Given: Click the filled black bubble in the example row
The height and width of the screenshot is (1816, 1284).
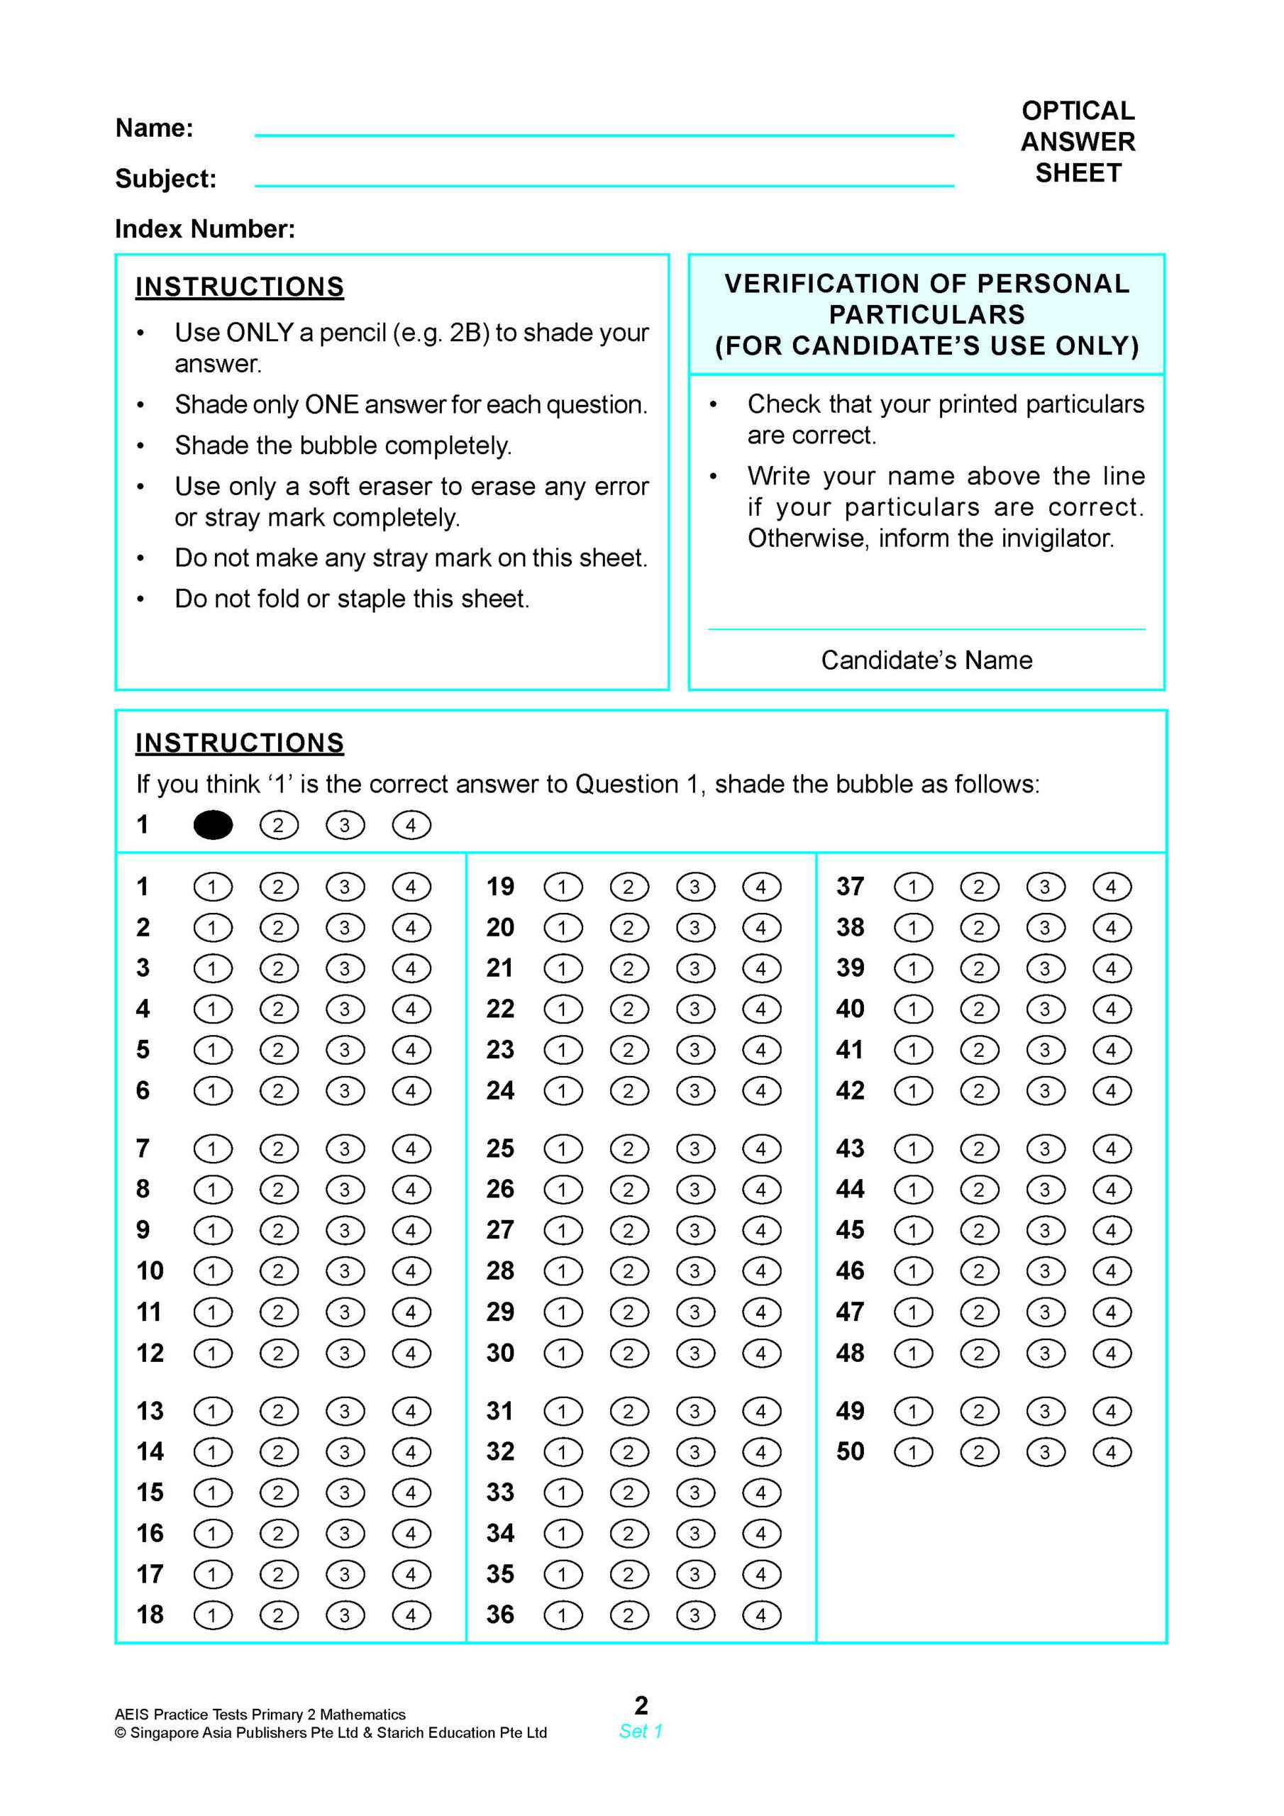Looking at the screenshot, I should click(213, 825).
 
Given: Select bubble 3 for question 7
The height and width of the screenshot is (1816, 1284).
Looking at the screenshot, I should click(344, 1148).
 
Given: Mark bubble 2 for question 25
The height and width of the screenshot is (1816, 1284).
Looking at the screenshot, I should click(629, 1148).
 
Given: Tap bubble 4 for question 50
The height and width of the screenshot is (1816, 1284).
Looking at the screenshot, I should click(1112, 1452).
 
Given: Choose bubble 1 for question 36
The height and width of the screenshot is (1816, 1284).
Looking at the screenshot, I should click(563, 1615).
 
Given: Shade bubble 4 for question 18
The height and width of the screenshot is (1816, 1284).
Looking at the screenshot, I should click(411, 1615).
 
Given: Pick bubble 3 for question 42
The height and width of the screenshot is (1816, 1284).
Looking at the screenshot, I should click(1045, 1091).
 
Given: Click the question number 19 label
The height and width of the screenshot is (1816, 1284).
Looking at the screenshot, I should click(500, 887).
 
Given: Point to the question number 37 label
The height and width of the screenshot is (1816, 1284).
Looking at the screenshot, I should click(850, 887).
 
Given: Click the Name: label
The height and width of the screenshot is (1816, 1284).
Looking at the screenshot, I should click(154, 128).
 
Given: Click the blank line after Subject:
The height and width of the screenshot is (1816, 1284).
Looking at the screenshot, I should click(604, 184).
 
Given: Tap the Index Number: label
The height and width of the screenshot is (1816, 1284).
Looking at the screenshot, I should click(205, 228).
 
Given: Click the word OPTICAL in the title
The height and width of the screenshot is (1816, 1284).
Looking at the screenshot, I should click(1078, 111).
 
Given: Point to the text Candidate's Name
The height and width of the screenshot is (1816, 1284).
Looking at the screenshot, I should click(926, 660).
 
